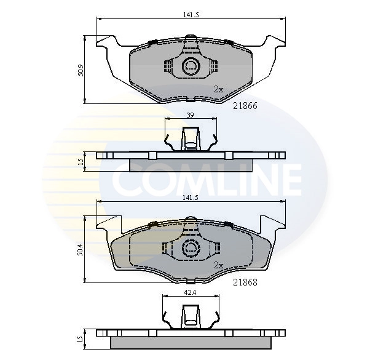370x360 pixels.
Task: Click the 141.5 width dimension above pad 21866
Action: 191,15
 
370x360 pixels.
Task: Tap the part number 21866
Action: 245,105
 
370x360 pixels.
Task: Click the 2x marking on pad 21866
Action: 218,89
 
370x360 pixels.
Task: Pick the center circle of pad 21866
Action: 191,66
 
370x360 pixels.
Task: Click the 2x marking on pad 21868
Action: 218,265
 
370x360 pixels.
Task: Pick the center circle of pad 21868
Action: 191,248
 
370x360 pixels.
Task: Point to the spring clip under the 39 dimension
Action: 191,138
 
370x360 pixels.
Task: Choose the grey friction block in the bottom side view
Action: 191,342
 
